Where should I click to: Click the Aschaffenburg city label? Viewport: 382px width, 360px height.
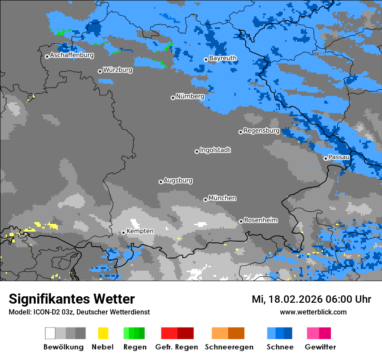(72, 56)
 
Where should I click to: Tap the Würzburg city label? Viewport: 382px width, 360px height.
(118, 70)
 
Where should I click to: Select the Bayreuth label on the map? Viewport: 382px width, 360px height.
(223, 58)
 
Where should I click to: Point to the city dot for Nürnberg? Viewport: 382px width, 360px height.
(173, 98)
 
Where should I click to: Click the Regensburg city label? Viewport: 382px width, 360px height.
(261, 131)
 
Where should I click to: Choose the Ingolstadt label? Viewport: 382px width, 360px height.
(215, 150)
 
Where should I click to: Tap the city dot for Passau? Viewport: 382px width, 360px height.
(326, 158)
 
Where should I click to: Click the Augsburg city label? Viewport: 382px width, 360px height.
(178, 180)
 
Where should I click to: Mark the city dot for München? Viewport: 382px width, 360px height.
(205, 200)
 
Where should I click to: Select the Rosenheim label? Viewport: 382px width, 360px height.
(260, 220)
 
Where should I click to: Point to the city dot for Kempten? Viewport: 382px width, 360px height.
(123, 232)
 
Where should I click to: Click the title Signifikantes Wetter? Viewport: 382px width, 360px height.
(72, 299)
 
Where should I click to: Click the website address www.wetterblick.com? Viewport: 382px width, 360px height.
(313, 312)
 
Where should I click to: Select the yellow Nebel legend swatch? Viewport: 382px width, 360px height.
(103, 333)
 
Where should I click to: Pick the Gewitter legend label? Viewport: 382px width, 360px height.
(320, 347)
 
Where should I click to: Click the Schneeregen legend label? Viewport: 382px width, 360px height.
(229, 347)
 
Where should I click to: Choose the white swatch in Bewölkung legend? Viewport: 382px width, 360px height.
(50, 333)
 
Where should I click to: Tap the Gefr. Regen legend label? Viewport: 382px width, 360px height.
(176, 347)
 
